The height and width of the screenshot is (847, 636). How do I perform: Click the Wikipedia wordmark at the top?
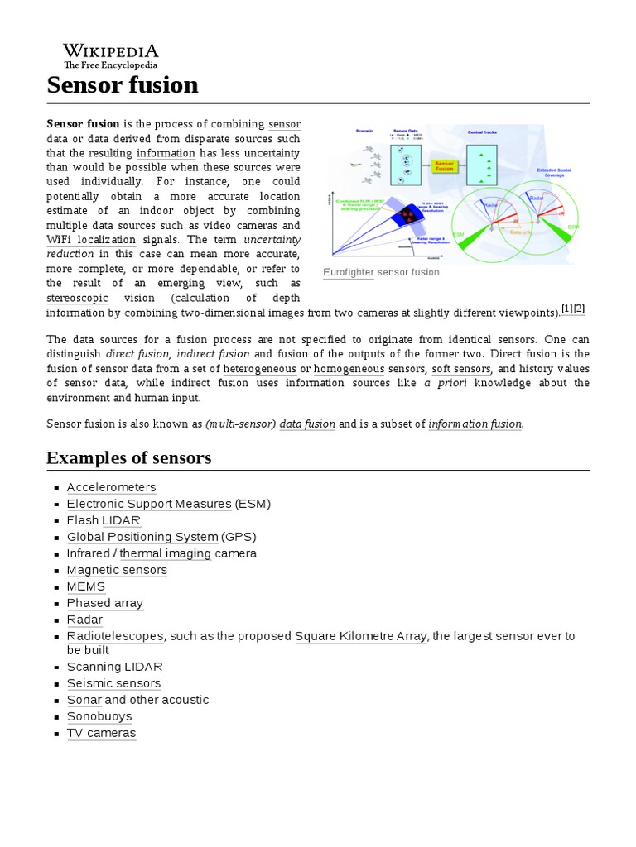click(x=111, y=50)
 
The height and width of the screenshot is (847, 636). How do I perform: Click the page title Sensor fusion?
click(x=123, y=84)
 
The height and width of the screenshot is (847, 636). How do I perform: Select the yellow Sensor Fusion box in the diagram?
click(x=445, y=165)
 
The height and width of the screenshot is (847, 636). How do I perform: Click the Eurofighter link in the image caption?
click(x=348, y=272)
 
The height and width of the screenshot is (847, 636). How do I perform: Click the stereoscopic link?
click(x=77, y=298)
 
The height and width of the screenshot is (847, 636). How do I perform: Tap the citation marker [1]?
click(x=567, y=309)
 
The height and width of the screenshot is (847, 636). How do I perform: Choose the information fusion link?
click(x=475, y=423)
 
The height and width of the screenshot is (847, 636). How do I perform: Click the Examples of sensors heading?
click(x=128, y=457)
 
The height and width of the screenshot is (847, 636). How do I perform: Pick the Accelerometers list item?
click(x=111, y=487)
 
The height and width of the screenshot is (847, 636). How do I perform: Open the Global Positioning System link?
click(x=142, y=537)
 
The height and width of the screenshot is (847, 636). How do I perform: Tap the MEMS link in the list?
click(x=85, y=586)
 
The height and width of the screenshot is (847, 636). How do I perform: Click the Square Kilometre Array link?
click(x=360, y=636)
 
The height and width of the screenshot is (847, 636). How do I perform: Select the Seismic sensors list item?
click(x=113, y=683)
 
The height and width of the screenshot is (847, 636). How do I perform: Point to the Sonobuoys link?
click(x=99, y=716)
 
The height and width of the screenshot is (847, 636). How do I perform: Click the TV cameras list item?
click(x=101, y=733)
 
